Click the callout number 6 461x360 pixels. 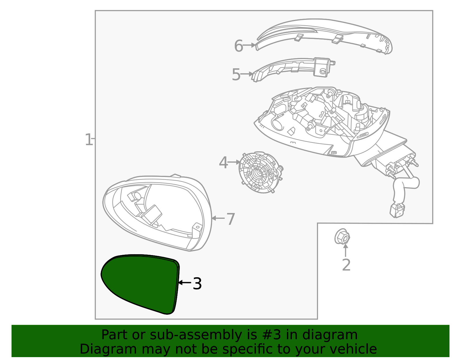[238, 46]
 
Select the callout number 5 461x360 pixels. [236, 75]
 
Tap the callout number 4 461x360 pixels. [223, 163]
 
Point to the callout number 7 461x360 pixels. [231, 219]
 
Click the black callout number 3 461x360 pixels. [197, 284]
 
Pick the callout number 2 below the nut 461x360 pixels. [346, 265]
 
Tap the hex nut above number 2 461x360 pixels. [342, 237]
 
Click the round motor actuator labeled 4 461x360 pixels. [259, 172]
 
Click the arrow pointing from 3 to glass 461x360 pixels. [184, 283]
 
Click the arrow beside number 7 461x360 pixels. [218, 218]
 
